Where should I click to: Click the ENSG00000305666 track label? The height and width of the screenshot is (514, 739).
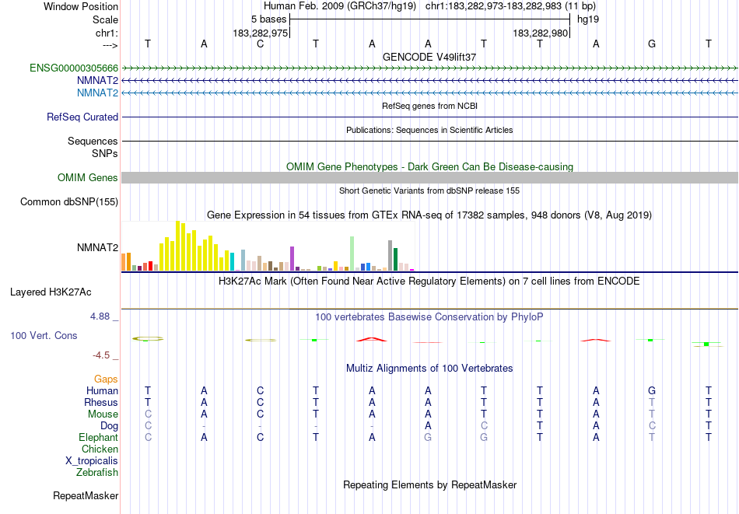coord(74,68)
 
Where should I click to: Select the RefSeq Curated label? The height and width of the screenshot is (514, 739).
coord(82,117)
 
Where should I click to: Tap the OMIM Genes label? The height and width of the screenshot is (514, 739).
coord(88,178)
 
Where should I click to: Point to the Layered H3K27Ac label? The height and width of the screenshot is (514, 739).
coord(51,292)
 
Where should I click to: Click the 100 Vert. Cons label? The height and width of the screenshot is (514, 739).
coord(44,336)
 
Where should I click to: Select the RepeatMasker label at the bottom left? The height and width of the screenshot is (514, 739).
coord(86,495)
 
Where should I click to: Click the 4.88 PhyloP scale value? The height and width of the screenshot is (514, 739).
coord(100,316)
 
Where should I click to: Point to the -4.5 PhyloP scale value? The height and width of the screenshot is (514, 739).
coord(101,355)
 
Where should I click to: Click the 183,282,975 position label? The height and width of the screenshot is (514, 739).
coord(261,33)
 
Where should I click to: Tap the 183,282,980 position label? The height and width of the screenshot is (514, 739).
coord(541,33)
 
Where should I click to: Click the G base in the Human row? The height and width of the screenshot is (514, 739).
coord(652,390)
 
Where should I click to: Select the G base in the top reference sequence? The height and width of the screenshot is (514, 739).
coord(652,44)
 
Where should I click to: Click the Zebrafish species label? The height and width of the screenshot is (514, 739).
coord(97,472)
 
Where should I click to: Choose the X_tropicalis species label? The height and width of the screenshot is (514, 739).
coord(92,460)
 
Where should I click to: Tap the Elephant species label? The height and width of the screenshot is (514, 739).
coord(99,438)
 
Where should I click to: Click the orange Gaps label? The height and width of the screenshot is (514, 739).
coord(106,379)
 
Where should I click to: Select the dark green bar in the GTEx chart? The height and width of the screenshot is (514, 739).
coord(395,259)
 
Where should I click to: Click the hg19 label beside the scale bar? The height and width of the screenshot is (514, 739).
coord(587,19)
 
